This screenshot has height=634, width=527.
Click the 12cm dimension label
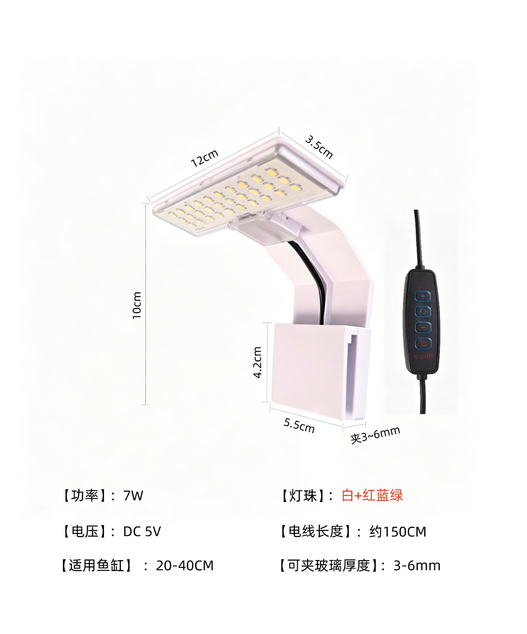click(205, 158)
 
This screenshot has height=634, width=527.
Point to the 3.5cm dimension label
click(319, 147)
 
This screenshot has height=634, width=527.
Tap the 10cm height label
click(137, 305)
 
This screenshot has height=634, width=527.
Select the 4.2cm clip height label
click(257, 362)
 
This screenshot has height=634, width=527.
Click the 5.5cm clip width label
click(299, 425)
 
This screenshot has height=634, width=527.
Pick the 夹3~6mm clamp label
click(375, 435)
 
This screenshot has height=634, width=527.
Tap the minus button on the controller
click(423, 327)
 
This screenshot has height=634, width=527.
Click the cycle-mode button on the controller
click(423, 311)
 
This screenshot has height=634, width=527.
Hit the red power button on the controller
click(423, 343)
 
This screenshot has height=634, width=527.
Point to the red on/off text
click(423, 356)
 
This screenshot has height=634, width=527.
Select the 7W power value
click(133, 496)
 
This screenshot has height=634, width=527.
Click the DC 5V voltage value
click(142, 532)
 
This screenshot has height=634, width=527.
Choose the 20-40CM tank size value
click(185, 566)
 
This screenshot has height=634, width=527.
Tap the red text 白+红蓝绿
click(372, 495)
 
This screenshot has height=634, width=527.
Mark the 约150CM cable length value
click(398, 532)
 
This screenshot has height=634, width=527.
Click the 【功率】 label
click(84, 496)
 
